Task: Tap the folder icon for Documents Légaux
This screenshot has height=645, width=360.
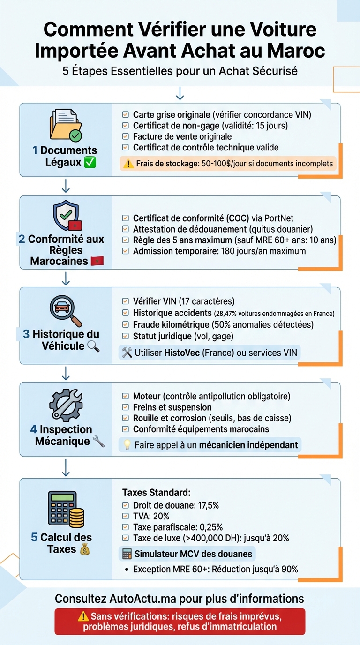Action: pos(66,125)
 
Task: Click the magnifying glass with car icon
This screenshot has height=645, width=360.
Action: pos(66,310)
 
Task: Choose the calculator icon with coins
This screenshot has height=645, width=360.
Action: pos(66,509)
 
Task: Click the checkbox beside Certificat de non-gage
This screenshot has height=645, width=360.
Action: pos(125,126)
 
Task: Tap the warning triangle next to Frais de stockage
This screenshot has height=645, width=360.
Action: pos(128,164)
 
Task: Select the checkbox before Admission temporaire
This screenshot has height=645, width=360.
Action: pos(125,251)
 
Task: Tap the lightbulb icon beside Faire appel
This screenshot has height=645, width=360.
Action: pos(127,445)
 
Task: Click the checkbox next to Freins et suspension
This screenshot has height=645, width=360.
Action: pos(125,407)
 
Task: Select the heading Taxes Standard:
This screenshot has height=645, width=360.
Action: pos(156,493)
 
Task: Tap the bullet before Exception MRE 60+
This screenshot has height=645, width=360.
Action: pos(127,570)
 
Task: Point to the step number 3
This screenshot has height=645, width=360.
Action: pos(26,334)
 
